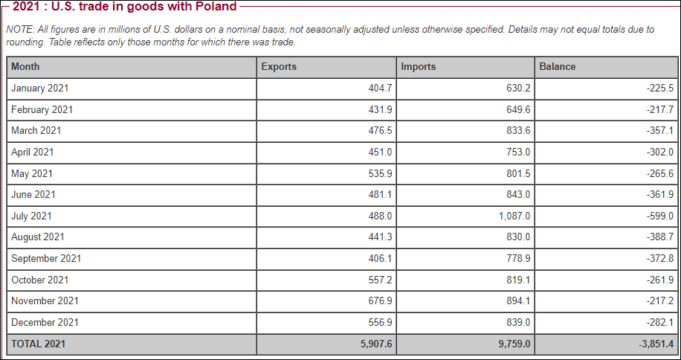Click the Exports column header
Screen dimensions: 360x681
pos(279,67)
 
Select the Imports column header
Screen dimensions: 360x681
pos(418,67)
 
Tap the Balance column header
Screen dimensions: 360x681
pos(557,67)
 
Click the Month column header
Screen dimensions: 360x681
pos(25,67)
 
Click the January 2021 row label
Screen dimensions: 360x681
pos(40,89)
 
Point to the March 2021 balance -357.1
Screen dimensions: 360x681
pos(660,131)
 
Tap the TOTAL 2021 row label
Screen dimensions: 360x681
pos(38,344)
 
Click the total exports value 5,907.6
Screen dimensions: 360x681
pos(375,344)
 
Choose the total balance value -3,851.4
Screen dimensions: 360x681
pos(655,344)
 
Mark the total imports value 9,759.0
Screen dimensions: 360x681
pos(514,344)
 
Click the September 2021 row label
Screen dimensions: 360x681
pos(46,259)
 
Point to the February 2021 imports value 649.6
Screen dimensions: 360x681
pos(517,110)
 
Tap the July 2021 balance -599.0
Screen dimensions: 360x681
pos(660,216)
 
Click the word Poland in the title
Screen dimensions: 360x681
pos(216,7)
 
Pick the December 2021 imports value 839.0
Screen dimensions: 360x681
pos(517,323)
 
